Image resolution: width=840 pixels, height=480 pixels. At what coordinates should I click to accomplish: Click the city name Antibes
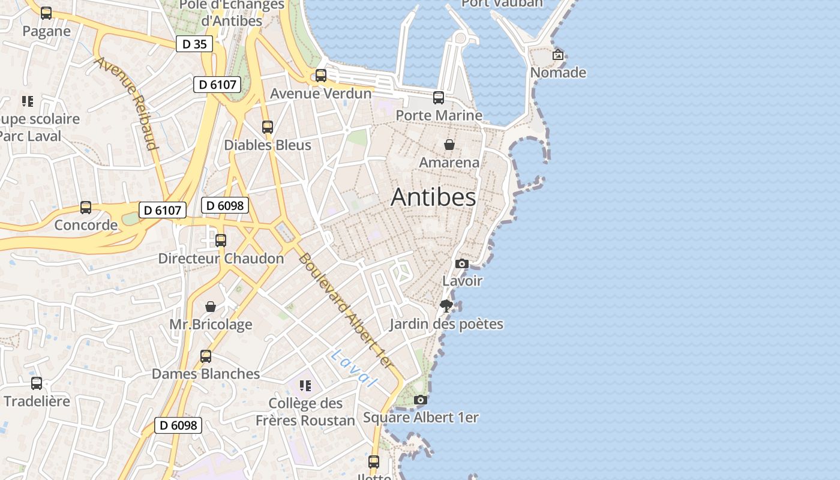point(433,197)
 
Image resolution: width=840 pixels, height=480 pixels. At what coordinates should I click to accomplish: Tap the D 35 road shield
point(194,44)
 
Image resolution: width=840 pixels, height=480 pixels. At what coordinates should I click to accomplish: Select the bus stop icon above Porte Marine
point(439,97)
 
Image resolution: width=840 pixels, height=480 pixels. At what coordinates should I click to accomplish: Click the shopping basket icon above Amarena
point(449,145)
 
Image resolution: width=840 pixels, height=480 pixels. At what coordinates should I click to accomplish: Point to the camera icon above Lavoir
point(461,263)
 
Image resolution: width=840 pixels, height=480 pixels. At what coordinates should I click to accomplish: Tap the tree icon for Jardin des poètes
point(446,306)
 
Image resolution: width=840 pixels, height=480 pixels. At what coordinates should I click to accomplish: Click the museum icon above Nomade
point(558,55)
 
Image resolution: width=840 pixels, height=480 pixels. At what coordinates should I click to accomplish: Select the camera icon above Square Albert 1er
point(421,400)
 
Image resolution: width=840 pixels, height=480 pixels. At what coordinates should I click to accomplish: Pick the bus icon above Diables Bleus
point(268,127)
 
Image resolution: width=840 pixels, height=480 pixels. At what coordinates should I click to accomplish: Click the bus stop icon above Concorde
point(86,208)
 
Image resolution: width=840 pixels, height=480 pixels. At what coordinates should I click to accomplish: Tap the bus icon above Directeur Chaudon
point(221,241)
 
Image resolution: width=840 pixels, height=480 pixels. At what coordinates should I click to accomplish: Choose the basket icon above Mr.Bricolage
point(211,307)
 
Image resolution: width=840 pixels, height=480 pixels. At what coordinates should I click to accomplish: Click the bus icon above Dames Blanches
point(206,356)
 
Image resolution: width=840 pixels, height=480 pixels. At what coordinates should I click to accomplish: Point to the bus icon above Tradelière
point(37,383)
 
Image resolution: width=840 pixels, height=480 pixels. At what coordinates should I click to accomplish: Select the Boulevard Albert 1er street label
point(346,311)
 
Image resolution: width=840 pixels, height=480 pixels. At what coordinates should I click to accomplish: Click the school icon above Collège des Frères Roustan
point(305,385)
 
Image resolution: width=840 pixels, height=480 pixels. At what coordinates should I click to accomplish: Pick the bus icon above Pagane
point(46,13)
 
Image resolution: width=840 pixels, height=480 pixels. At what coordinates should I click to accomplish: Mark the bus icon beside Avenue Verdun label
point(321,76)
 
